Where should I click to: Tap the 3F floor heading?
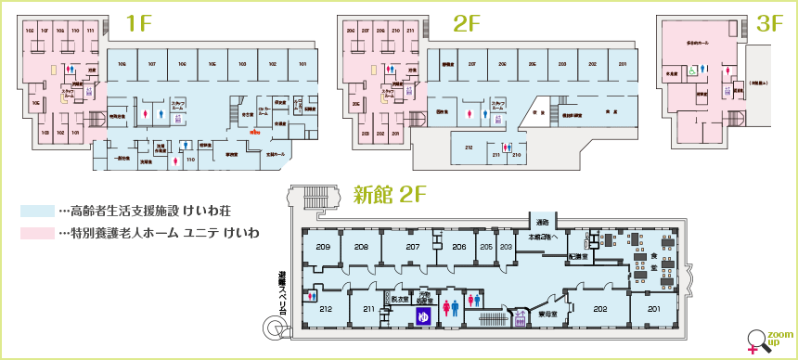point(769,25)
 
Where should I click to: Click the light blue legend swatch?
point(37,211)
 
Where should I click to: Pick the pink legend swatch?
point(37,231)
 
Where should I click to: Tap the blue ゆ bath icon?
point(423,316)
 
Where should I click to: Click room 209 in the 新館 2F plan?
point(323,247)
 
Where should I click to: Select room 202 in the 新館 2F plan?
point(599,309)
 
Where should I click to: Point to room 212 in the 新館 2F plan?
point(326,309)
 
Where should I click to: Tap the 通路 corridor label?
point(543,223)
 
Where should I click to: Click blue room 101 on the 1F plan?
point(302,64)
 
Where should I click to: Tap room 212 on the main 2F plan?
point(469,147)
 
